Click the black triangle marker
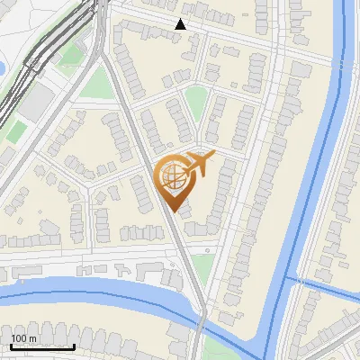click(x=180, y=24)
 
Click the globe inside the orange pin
click(x=172, y=175)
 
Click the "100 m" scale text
click(x=23, y=338)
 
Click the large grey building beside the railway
click(x=35, y=103)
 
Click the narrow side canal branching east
click(x=324, y=288)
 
